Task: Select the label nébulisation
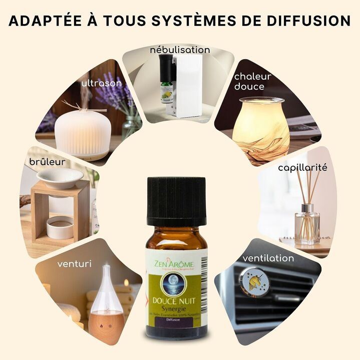180,50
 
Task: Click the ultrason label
102,83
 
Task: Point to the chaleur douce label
252,81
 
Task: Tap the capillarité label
302,167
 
